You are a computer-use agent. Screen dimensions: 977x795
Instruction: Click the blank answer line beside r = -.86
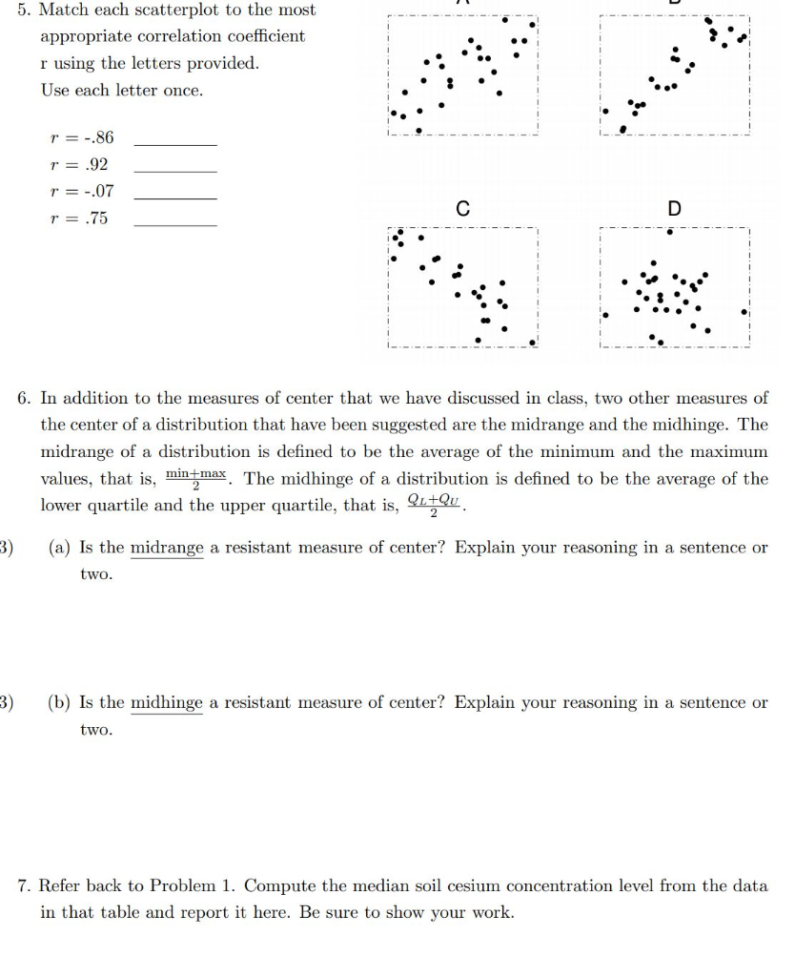coord(175,143)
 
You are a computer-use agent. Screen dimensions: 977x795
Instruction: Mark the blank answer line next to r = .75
coord(175,224)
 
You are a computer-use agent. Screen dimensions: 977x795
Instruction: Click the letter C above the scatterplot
coord(462,209)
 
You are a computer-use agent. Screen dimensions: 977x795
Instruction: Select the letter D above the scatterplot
coord(675,209)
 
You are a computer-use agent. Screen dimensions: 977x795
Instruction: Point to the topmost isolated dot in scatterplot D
coord(671,231)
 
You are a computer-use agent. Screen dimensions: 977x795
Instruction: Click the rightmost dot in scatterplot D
coord(744,311)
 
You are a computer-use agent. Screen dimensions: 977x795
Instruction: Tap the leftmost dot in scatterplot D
coord(604,314)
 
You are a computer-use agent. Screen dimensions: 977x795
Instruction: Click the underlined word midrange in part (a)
coord(167,548)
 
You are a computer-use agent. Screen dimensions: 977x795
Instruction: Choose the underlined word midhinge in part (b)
coord(167,703)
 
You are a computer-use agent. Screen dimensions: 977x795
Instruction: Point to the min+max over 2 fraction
coord(196,479)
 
